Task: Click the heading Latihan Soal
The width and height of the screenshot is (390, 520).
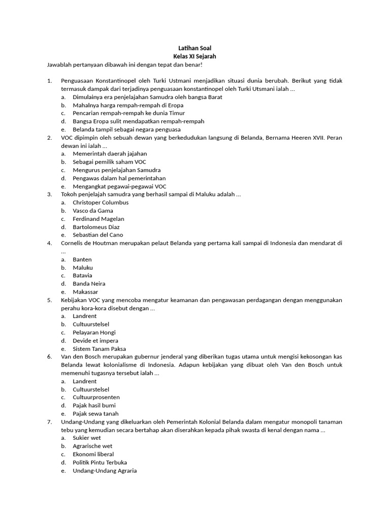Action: (x=194, y=48)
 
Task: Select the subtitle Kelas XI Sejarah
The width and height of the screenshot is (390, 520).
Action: (x=194, y=56)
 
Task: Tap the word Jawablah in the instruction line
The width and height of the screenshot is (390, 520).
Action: (x=59, y=65)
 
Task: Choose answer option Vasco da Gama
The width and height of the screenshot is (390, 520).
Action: (x=93, y=211)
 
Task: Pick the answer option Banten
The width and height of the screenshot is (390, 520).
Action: (x=82, y=259)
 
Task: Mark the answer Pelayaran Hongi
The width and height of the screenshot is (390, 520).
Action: (x=94, y=333)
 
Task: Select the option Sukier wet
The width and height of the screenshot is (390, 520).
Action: (x=87, y=438)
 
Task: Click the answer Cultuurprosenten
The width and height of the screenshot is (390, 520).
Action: (x=96, y=398)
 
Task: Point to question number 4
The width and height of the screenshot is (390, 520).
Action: (x=49, y=243)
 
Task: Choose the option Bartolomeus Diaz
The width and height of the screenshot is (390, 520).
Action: (x=96, y=227)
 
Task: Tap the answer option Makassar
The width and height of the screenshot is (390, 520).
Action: (x=85, y=292)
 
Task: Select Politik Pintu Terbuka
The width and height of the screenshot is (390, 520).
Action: (x=100, y=463)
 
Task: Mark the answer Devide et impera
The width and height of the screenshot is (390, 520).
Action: (x=95, y=341)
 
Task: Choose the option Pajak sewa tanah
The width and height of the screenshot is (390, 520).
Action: (x=95, y=414)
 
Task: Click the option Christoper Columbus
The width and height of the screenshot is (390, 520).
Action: (x=101, y=203)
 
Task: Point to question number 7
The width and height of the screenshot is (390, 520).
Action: (x=49, y=422)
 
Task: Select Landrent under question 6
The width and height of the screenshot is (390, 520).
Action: (x=84, y=381)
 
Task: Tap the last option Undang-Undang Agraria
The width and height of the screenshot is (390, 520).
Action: (x=105, y=471)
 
